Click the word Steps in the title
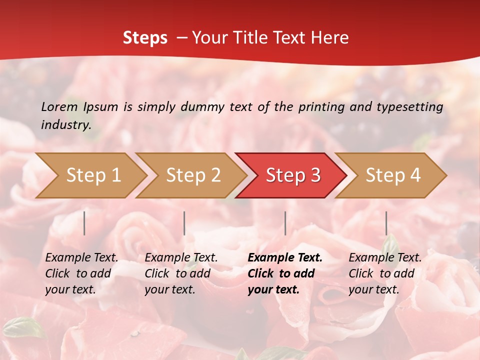coord(145,38)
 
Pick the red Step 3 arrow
coord(293,175)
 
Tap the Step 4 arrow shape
coord(393,175)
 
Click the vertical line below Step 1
coord(84,223)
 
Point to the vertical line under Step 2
coord(184,223)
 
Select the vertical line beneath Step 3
coord(285,223)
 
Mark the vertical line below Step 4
coord(386,223)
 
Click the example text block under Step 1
coord(81,273)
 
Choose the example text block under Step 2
coord(181,273)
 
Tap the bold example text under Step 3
coord(285,273)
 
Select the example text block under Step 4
coord(385,273)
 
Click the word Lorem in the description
coord(59,107)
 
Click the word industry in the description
coord(66,125)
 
